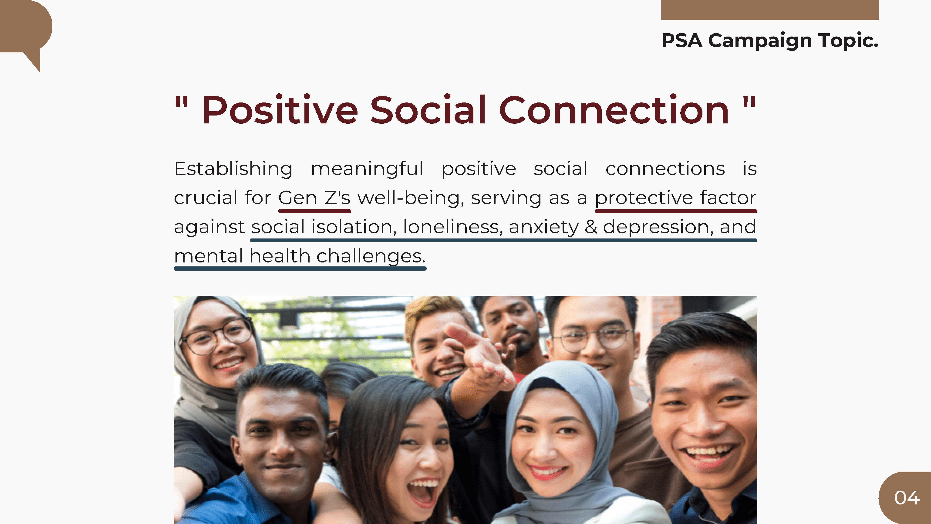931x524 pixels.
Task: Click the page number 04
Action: (x=906, y=498)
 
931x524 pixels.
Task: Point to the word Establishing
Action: (x=233, y=169)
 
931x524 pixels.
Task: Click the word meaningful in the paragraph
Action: (x=367, y=169)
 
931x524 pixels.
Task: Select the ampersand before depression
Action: (x=590, y=227)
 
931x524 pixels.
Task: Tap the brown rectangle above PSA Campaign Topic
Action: (x=769, y=10)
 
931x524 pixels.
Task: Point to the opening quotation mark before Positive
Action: (x=182, y=103)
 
